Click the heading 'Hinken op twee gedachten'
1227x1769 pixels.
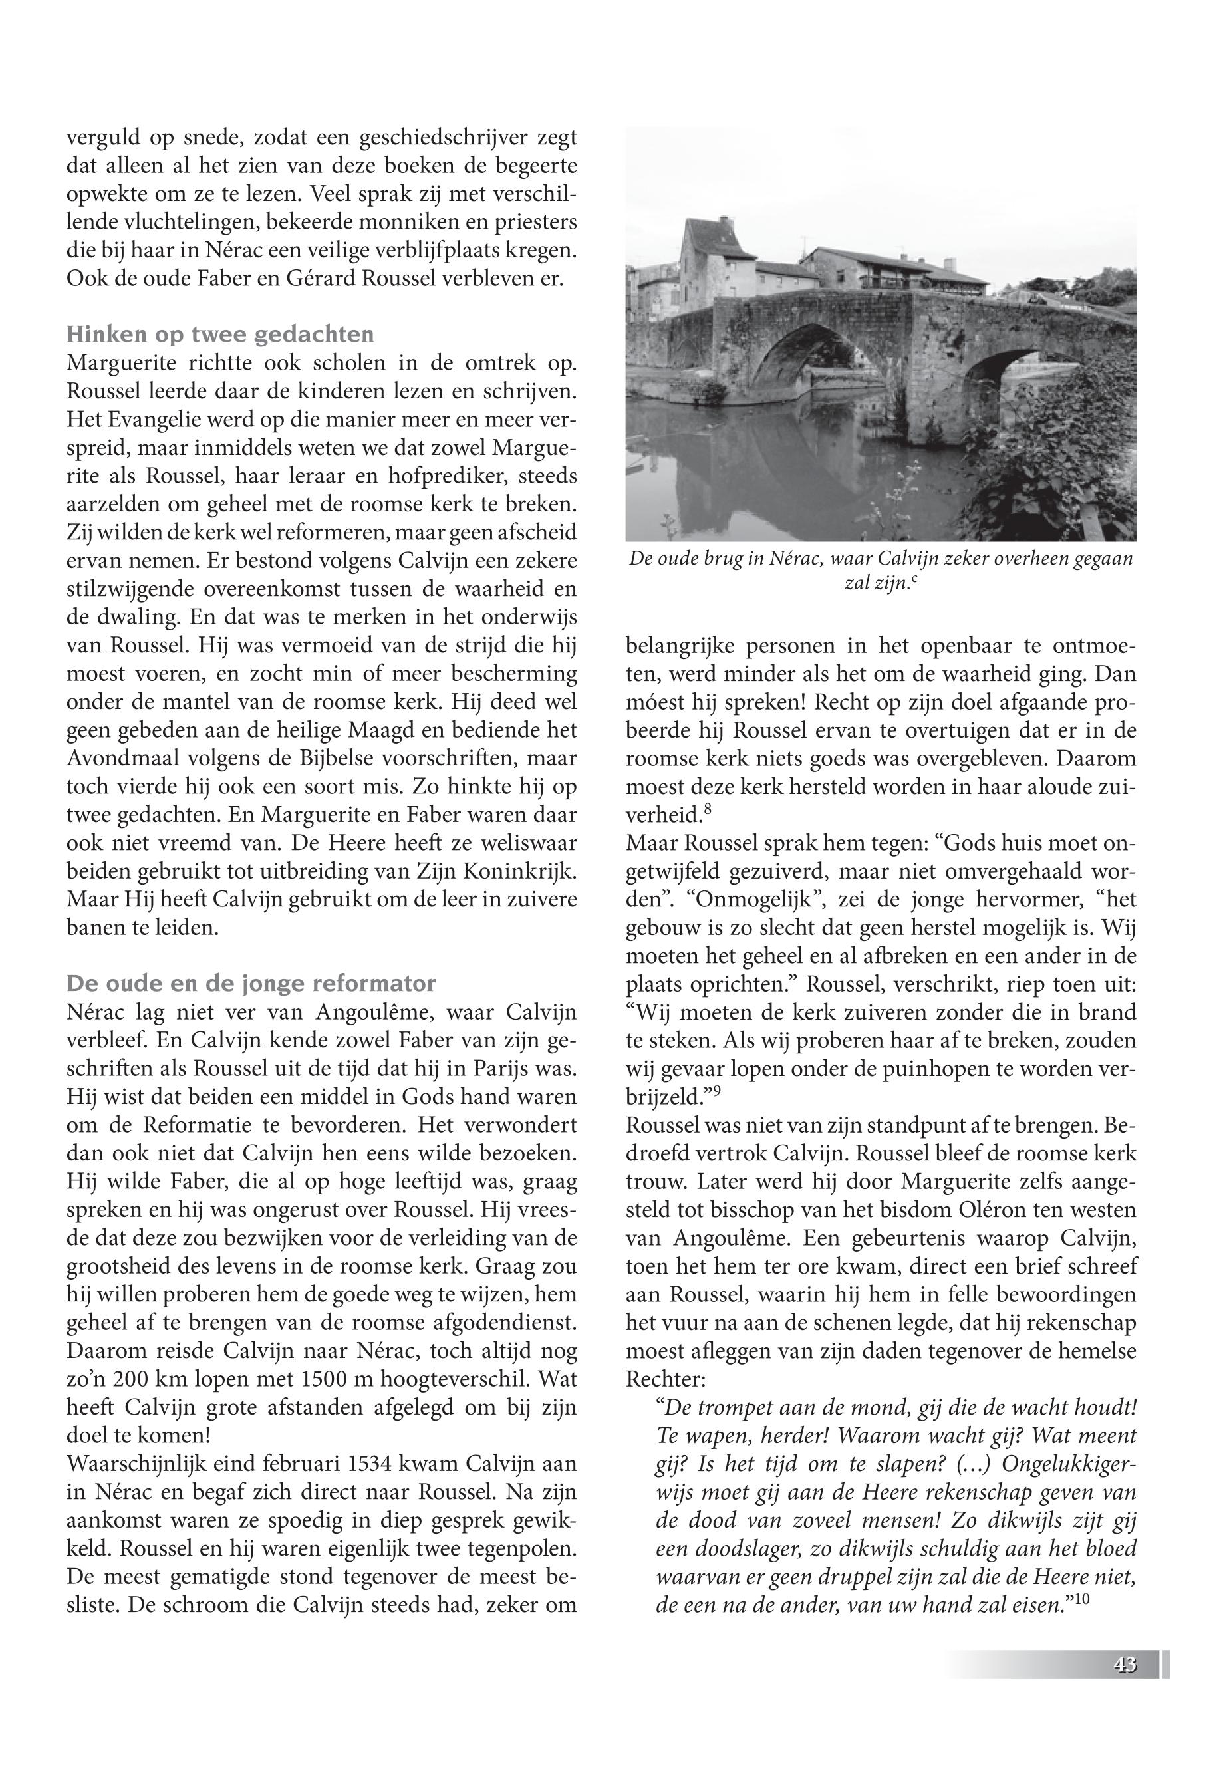pos(221,335)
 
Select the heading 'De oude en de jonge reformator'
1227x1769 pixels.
pos(251,984)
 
